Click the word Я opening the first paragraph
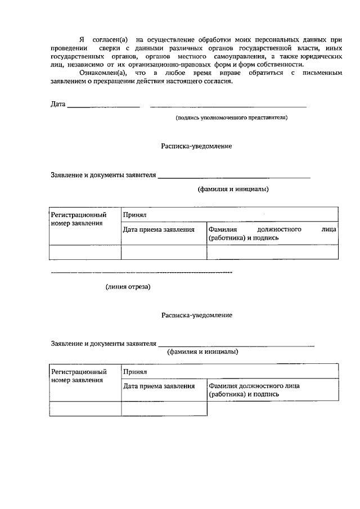[x=82, y=40]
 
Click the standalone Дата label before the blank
[x=58, y=104]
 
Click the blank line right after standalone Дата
[x=103, y=106]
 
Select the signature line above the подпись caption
[x=228, y=106]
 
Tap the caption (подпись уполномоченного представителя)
[x=231, y=118]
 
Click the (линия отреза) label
[x=128, y=287]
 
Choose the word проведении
[x=68, y=48]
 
